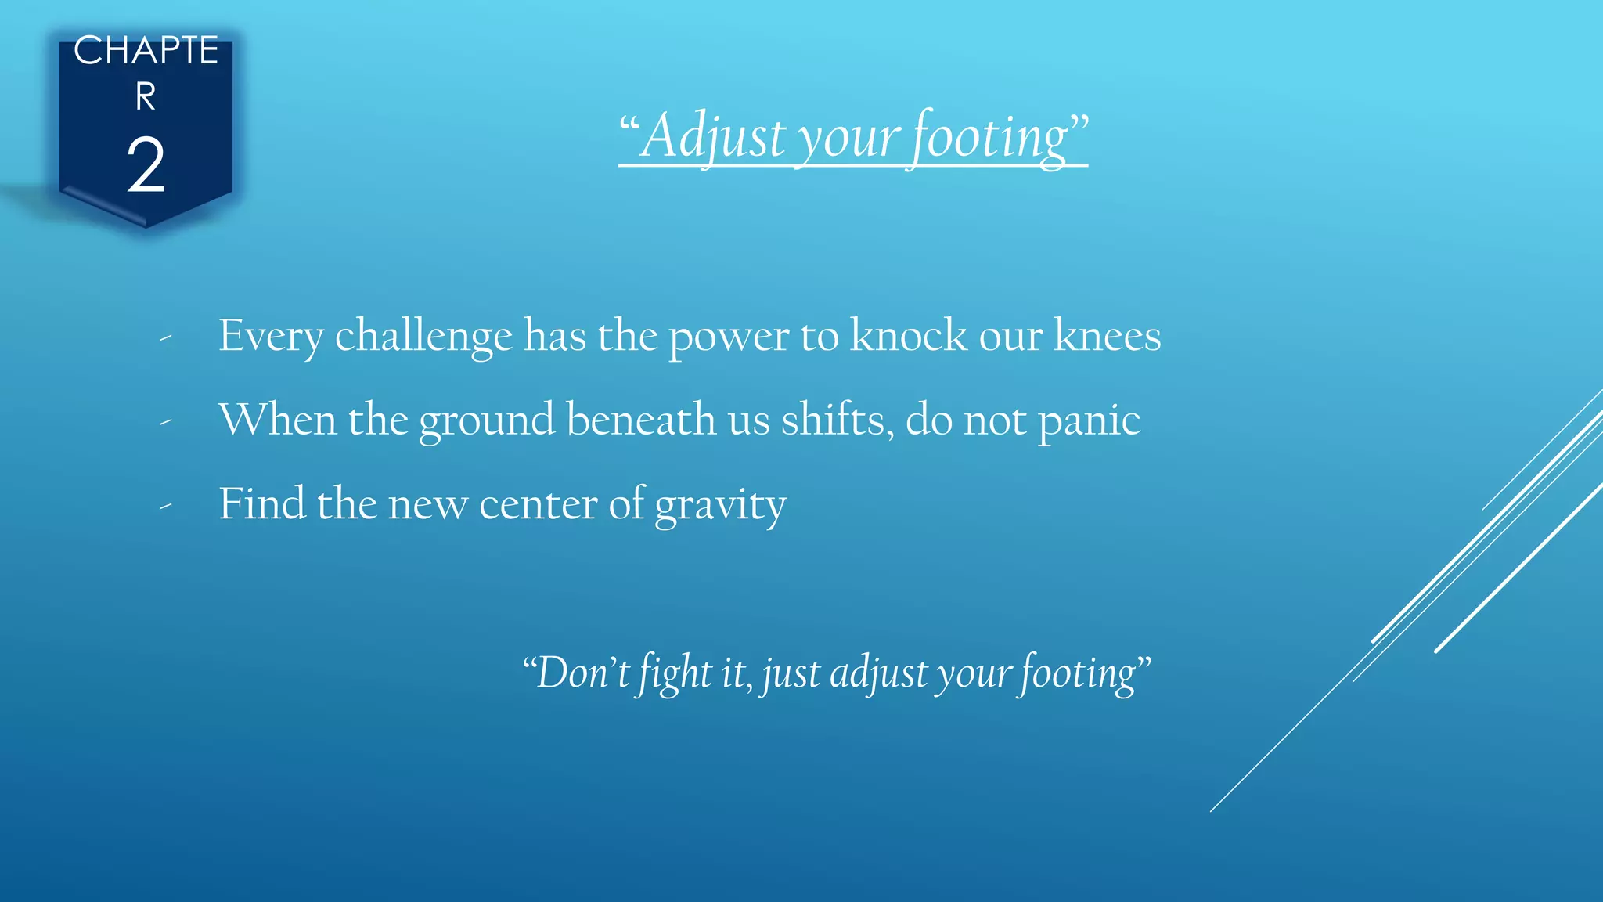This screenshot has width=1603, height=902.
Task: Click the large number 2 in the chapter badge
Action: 146,165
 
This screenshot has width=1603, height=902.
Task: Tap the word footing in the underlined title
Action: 990,136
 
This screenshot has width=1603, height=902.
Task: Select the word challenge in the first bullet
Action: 423,337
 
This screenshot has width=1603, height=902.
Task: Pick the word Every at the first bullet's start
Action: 270,337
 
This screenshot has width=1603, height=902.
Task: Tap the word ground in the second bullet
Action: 486,421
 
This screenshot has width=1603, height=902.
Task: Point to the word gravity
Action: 720,505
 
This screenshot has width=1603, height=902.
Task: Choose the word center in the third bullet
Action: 538,503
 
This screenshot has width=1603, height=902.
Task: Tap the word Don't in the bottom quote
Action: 581,673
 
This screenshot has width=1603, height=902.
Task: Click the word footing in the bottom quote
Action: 1077,673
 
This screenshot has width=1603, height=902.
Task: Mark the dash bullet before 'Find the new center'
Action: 165,507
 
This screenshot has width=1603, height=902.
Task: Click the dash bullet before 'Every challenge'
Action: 165,338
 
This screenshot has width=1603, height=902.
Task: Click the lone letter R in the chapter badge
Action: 146,97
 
